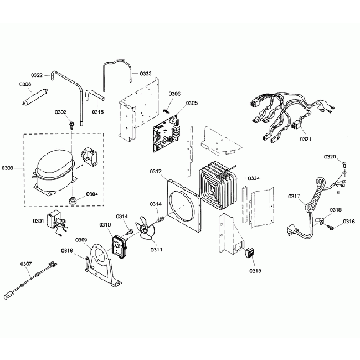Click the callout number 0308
[x=25, y=85]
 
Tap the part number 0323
[x=146, y=74]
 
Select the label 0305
[x=192, y=103]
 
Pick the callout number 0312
[x=156, y=172]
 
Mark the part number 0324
[x=254, y=178]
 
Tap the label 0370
[x=330, y=157]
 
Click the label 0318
[x=336, y=210]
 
